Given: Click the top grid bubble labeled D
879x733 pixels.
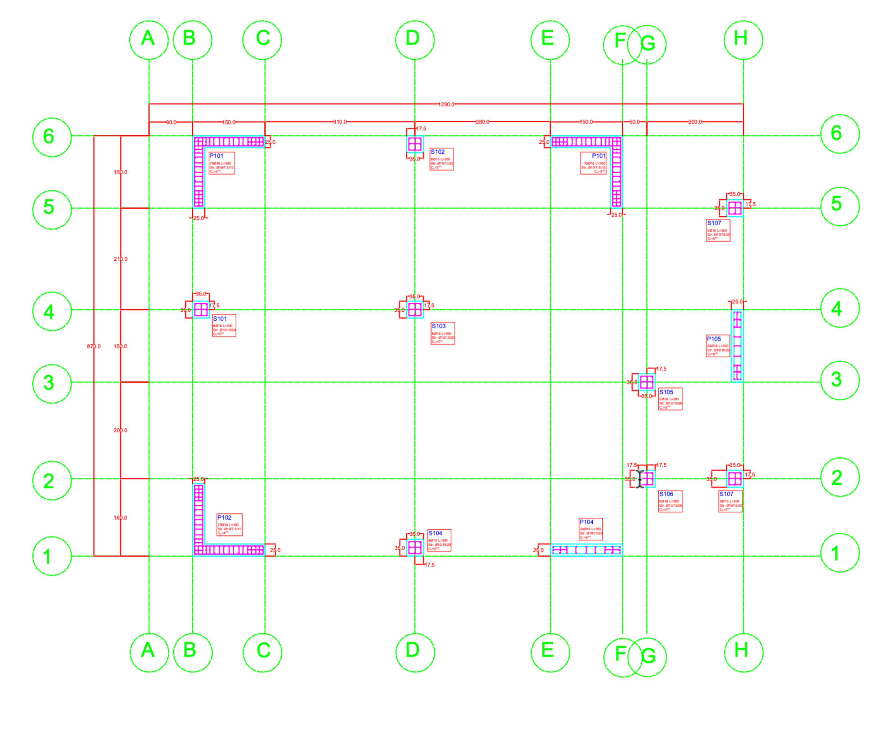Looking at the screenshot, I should [x=414, y=40].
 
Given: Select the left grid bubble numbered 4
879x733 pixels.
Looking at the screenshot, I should [x=52, y=311].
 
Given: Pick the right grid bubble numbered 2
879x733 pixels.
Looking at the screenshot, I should [x=840, y=477].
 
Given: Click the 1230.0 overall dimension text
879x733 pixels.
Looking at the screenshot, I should [x=446, y=104].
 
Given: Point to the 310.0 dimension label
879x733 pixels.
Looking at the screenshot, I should [x=340, y=122].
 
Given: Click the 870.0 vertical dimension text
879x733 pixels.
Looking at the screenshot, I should [x=94, y=346].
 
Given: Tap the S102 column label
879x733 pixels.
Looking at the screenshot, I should [x=438, y=152].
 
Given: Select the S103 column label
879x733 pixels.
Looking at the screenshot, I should [x=439, y=326].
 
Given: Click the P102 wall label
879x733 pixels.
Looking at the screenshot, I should [x=224, y=517].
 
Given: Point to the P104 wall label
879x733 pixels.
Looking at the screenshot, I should [x=586, y=522].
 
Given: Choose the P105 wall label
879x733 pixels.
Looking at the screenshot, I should [x=714, y=339].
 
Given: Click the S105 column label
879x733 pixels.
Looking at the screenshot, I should [x=666, y=392].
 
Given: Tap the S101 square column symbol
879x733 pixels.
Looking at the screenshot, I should [x=201, y=310].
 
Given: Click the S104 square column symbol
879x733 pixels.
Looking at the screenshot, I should [x=415, y=548].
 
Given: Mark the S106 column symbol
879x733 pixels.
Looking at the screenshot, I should [x=647, y=478].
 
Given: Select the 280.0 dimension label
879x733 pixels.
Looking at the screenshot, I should [x=482, y=122].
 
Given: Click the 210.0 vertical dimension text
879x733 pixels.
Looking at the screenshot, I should [x=121, y=259].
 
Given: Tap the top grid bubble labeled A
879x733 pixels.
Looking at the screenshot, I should [x=149, y=40].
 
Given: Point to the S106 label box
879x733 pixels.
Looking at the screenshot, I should [x=670, y=501].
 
